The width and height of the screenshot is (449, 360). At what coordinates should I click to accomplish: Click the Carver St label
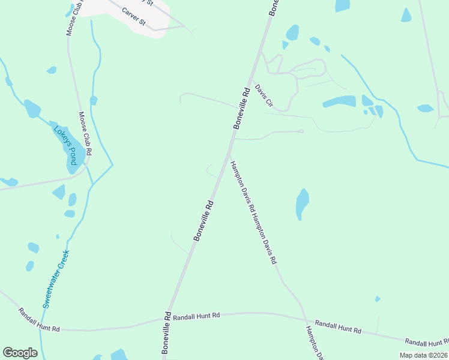134,16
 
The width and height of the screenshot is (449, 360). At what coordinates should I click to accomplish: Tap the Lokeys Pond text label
66,142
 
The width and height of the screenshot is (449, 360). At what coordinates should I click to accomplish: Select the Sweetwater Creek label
56,279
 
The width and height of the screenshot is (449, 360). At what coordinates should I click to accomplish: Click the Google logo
20,353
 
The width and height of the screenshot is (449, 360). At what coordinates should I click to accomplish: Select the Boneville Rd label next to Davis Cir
241,108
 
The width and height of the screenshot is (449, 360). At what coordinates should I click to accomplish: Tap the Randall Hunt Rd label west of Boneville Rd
39,320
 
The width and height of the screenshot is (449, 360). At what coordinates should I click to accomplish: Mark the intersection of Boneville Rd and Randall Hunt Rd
171,317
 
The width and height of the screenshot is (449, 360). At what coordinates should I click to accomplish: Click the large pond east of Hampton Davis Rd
303,204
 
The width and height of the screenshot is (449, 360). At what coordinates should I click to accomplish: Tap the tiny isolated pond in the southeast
377,299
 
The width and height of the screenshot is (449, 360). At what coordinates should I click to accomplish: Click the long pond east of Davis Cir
339,101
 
